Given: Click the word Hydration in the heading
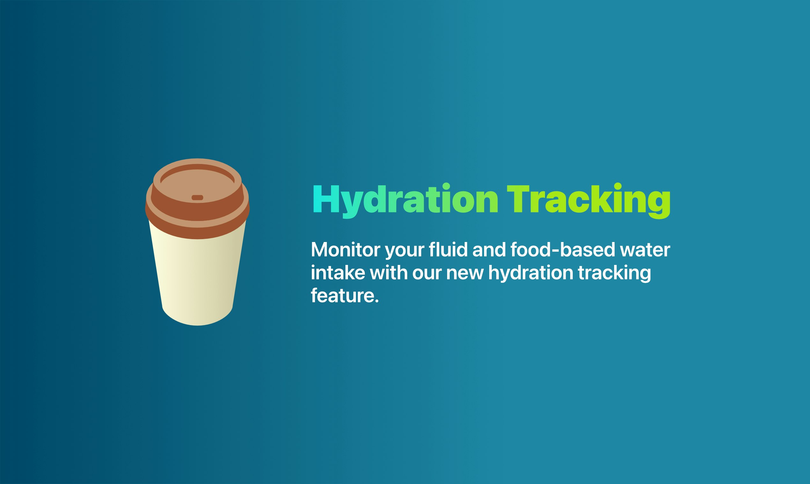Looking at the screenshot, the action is coord(405,200).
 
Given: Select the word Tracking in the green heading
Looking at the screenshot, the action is coord(589,200).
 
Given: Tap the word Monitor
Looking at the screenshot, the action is coord(345,250).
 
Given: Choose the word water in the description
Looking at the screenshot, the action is coord(645,251).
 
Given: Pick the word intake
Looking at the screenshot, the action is coord(338,273).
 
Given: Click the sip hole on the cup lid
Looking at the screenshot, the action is coord(197,197).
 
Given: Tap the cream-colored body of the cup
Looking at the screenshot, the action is coord(197,277).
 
